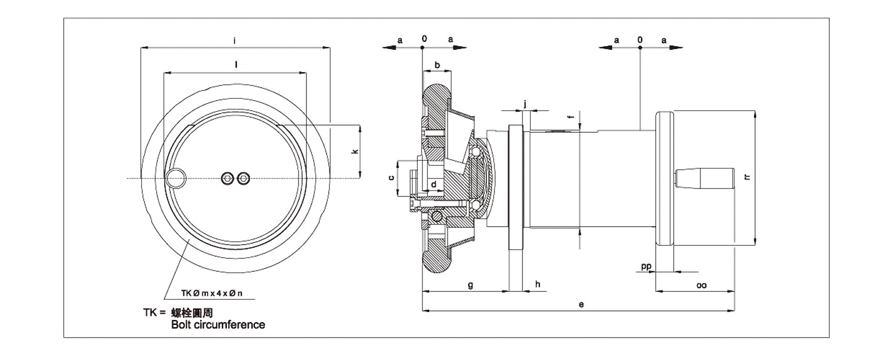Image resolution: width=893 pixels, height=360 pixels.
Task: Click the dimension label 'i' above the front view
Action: [235, 40]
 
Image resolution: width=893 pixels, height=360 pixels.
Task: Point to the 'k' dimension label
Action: [355, 151]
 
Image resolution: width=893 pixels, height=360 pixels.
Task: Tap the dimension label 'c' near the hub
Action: [391, 177]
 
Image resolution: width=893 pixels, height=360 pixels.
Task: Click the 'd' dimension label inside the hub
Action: [434, 184]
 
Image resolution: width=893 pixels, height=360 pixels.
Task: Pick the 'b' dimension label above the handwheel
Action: [437, 65]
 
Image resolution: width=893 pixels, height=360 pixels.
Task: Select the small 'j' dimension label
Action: [525, 103]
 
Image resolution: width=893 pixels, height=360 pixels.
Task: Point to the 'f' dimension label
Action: [570, 117]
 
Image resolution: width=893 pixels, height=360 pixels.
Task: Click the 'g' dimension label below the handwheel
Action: [470, 285]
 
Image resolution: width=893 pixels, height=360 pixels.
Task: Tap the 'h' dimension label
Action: [537, 285]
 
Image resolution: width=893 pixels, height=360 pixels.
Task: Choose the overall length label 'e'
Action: [581, 305]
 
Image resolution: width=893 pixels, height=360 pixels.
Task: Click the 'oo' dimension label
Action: [702, 285]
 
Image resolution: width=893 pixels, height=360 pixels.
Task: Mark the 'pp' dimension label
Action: [646, 266]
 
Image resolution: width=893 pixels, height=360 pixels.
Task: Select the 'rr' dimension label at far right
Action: [747, 177]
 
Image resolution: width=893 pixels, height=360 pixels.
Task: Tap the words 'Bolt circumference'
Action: [218, 325]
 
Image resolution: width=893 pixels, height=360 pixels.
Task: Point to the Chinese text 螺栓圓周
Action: [191, 313]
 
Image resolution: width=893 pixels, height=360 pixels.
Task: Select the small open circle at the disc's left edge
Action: [176, 178]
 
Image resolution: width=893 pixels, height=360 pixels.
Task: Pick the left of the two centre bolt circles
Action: [227, 178]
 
